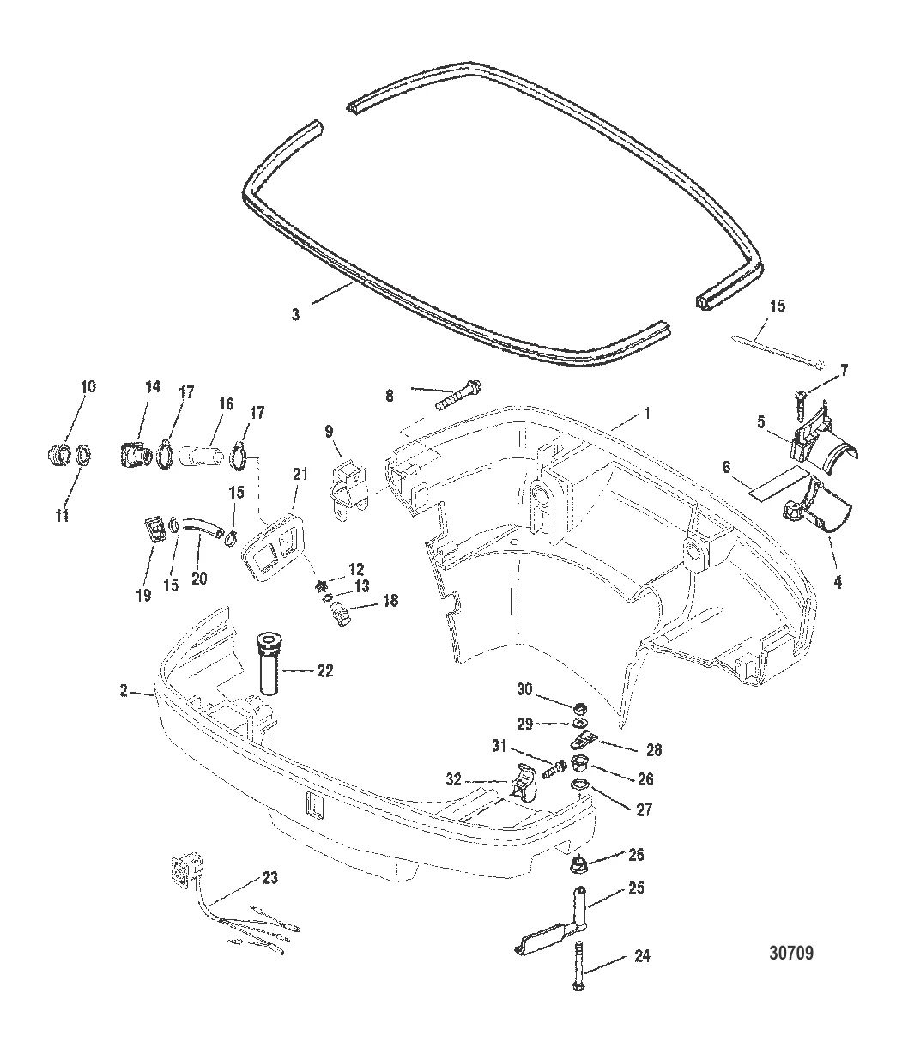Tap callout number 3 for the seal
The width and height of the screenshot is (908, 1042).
pos(295,315)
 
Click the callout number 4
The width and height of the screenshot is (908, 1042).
pos(838,581)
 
